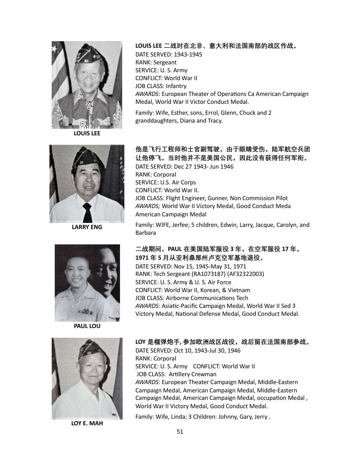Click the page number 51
(x=180, y=431)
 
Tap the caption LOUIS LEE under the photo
(x=87, y=134)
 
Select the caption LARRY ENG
(x=87, y=227)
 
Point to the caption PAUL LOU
(x=87, y=326)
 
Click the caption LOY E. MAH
(x=87, y=424)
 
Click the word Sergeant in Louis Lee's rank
(x=165, y=62)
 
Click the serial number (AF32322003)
(x=240, y=274)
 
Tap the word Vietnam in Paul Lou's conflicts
(x=239, y=290)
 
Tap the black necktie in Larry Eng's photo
(x=87, y=212)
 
